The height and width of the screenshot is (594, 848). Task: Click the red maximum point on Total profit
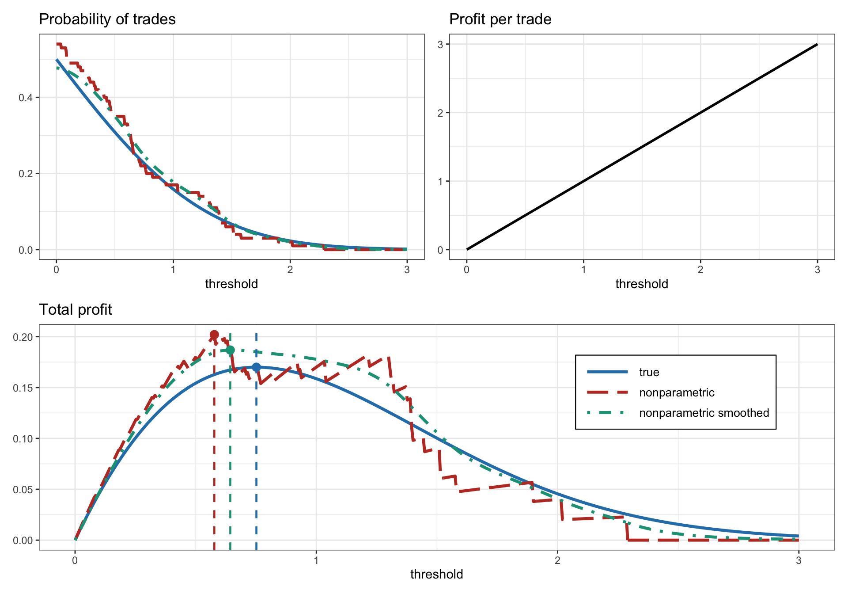click(x=214, y=335)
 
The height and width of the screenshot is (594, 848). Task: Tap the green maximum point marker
click(x=230, y=350)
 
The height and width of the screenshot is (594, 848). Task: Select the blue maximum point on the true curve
click(x=256, y=367)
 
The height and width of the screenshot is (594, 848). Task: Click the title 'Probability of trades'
click(x=107, y=19)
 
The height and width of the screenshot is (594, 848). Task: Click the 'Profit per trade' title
click(x=500, y=19)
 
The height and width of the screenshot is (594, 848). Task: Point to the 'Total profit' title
click(x=76, y=310)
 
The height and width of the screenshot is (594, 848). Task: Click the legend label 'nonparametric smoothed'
click(x=704, y=413)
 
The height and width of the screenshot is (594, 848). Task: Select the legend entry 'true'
click(x=649, y=372)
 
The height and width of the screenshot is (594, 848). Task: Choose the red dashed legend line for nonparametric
click(x=607, y=392)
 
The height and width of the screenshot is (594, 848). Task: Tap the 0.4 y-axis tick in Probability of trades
click(x=26, y=97)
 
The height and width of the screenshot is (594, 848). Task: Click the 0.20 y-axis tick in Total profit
click(x=23, y=337)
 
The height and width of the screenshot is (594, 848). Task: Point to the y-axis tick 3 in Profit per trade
click(x=440, y=44)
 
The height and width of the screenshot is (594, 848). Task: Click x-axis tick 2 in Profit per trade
click(x=700, y=270)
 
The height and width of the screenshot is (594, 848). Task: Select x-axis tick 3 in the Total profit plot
click(x=798, y=560)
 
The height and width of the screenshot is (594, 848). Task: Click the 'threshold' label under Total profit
click(x=436, y=574)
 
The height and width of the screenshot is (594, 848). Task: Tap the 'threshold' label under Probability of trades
click(x=231, y=284)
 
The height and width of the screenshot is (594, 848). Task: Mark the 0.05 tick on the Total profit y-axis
click(x=23, y=490)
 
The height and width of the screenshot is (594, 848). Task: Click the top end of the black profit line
click(x=817, y=45)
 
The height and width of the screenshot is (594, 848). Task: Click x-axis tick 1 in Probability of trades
click(x=173, y=270)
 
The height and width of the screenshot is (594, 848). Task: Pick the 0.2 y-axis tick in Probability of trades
click(x=26, y=174)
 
